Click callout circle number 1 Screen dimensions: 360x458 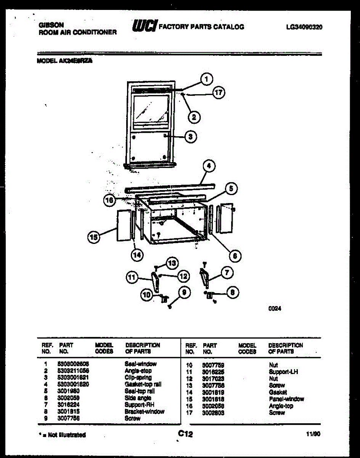[206, 79]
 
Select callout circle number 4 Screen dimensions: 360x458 [208, 166]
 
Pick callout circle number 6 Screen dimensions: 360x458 [235, 255]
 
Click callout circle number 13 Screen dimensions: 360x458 [173, 263]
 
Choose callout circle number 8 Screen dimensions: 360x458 [232, 293]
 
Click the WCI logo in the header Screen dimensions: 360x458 [144, 26]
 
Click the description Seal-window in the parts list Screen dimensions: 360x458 [140, 364]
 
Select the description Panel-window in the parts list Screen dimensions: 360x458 [286, 399]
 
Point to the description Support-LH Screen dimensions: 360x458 [283, 372]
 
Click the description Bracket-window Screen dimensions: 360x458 [145, 411]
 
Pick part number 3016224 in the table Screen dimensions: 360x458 [69, 405]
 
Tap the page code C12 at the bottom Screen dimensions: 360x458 [185, 434]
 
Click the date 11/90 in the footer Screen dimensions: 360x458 [313, 434]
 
